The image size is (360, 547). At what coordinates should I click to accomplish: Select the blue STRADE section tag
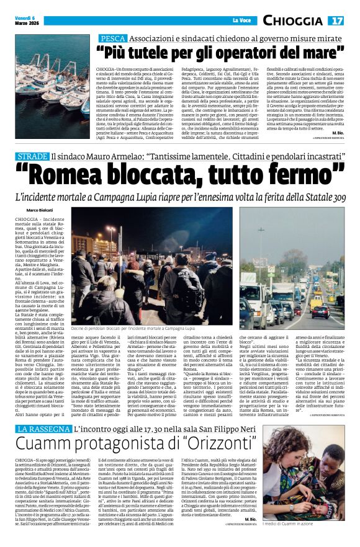pos(32,159)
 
